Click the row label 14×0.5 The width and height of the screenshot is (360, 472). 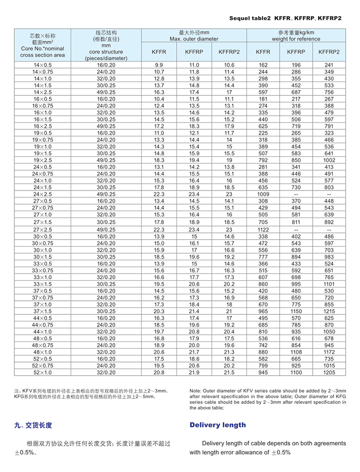43,65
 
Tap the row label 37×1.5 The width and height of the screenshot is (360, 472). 43,311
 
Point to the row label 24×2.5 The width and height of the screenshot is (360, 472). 43,194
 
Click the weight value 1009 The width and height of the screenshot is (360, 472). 263,194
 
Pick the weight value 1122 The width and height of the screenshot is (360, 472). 263,229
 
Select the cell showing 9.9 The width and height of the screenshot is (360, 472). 159,65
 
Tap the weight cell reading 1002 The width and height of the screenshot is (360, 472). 328,160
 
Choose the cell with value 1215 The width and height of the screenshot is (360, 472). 328,311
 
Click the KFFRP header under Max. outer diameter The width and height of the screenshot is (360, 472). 194,52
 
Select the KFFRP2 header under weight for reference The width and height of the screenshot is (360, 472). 328,52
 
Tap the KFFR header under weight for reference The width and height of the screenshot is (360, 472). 263,52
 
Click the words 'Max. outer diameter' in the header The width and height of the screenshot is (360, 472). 194,39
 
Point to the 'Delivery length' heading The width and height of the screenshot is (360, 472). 218,425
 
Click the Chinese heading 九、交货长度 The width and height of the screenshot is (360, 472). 33,425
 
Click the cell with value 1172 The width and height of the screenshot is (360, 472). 328,352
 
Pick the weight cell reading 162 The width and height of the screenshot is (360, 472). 263,65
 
